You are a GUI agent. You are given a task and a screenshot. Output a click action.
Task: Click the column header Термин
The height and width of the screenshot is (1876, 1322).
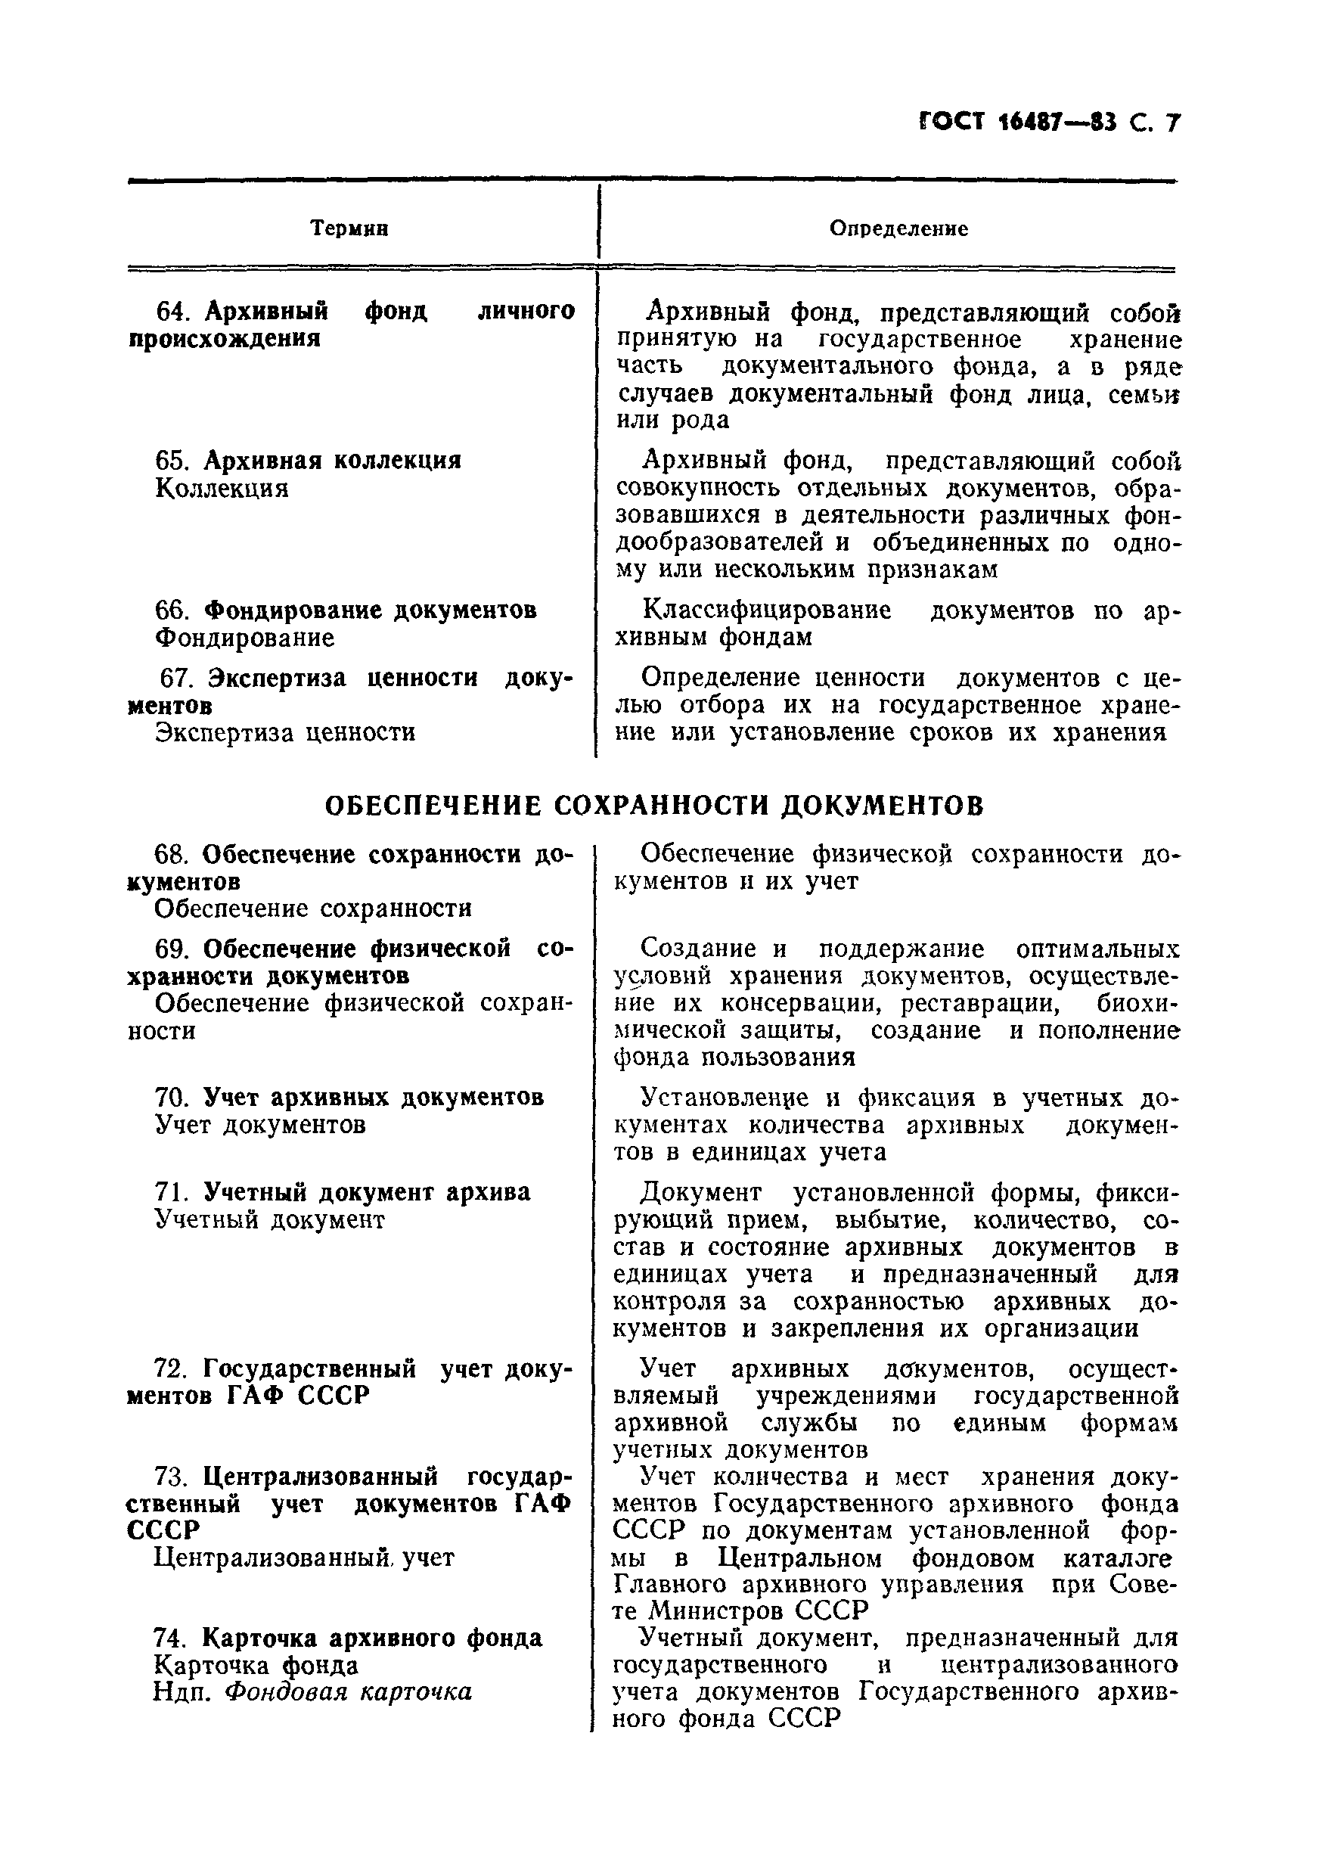coord(349,228)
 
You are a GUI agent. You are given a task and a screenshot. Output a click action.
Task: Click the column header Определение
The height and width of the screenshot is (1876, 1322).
coord(898,228)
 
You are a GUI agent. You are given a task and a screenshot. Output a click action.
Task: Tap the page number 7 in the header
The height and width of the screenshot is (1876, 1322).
coord(1172,123)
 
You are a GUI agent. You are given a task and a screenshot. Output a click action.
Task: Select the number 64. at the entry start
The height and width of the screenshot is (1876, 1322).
coord(172,312)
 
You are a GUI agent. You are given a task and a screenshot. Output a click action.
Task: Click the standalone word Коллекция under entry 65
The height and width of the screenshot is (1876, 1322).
coord(222,489)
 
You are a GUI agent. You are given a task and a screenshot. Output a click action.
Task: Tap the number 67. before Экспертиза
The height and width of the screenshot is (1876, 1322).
coord(177,679)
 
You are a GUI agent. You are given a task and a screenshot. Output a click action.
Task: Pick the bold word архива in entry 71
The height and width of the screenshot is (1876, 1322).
coord(488,1192)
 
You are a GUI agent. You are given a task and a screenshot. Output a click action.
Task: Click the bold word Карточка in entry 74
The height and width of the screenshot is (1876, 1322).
coord(260,1638)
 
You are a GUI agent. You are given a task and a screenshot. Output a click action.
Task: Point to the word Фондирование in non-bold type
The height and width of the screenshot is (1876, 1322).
coord(244,638)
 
